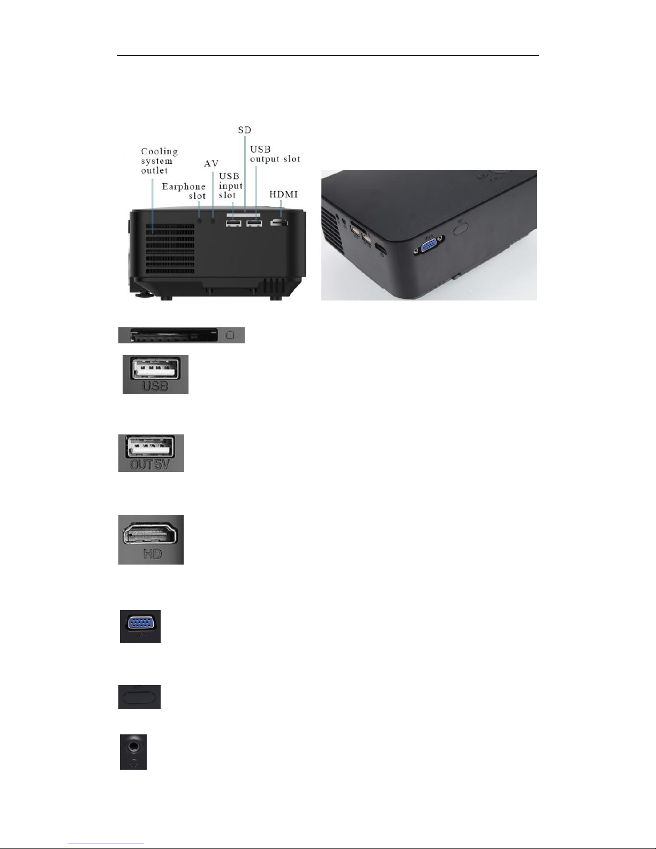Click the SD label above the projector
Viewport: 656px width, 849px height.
244,130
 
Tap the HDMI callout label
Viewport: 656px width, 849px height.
284,194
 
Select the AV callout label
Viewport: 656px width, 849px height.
212,164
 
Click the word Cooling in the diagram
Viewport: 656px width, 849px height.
160,152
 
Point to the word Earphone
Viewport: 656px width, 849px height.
184,186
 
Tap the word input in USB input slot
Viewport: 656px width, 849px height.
231,186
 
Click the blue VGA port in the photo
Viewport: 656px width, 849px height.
428,246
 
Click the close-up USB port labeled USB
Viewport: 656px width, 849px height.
155,370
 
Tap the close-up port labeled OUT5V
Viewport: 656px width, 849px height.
151,447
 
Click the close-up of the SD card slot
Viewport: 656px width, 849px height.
181,335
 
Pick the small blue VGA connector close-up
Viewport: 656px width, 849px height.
140,623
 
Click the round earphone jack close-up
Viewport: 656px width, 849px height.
133,745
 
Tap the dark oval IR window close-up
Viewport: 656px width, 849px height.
139,697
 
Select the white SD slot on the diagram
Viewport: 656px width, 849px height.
244,215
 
